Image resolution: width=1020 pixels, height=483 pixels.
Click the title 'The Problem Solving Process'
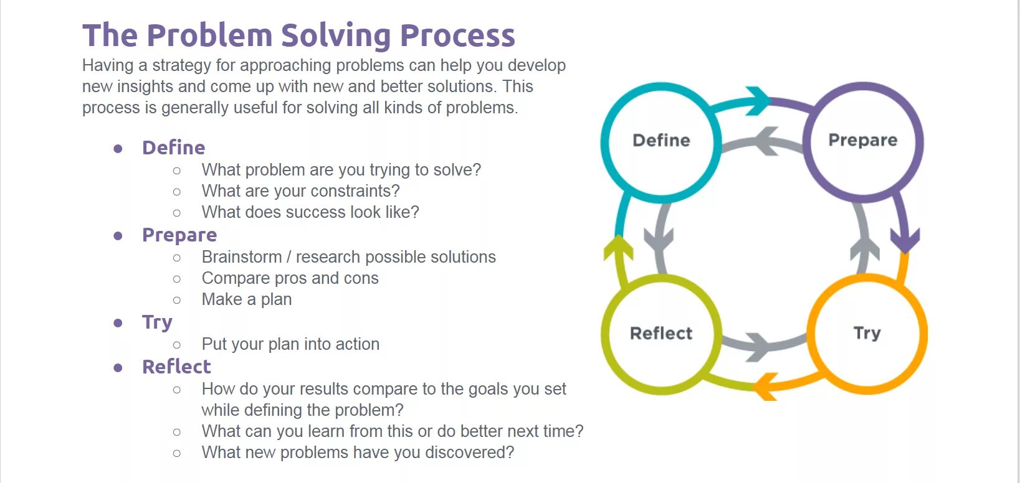coord(298,35)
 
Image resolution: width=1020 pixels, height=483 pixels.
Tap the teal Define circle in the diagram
coord(661,141)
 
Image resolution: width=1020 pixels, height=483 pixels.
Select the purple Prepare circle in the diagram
coord(863,141)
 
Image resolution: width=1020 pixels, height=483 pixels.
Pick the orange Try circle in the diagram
coord(867,334)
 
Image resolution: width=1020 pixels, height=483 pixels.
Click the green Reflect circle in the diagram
coord(661,334)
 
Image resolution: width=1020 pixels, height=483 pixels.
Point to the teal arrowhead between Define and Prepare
coord(759,100)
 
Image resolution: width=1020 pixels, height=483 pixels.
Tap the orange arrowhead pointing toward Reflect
coord(765,387)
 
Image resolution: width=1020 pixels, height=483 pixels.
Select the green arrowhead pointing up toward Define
coord(618,248)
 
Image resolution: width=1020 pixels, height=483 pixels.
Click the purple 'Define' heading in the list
coord(173,148)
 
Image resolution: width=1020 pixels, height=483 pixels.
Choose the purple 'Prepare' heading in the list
coord(179,235)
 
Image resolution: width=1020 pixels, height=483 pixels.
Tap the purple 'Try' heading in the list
coord(157,322)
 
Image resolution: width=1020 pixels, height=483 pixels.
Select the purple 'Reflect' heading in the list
coord(176,367)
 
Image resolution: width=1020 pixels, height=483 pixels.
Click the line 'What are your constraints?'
coord(300,191)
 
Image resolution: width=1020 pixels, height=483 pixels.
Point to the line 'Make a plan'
coord(247,299)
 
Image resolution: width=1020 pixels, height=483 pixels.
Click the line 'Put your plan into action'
coord(290,344)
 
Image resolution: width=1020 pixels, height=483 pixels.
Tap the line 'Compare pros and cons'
coord(290,278)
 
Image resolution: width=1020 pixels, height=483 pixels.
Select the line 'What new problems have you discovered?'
coord(358,453)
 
